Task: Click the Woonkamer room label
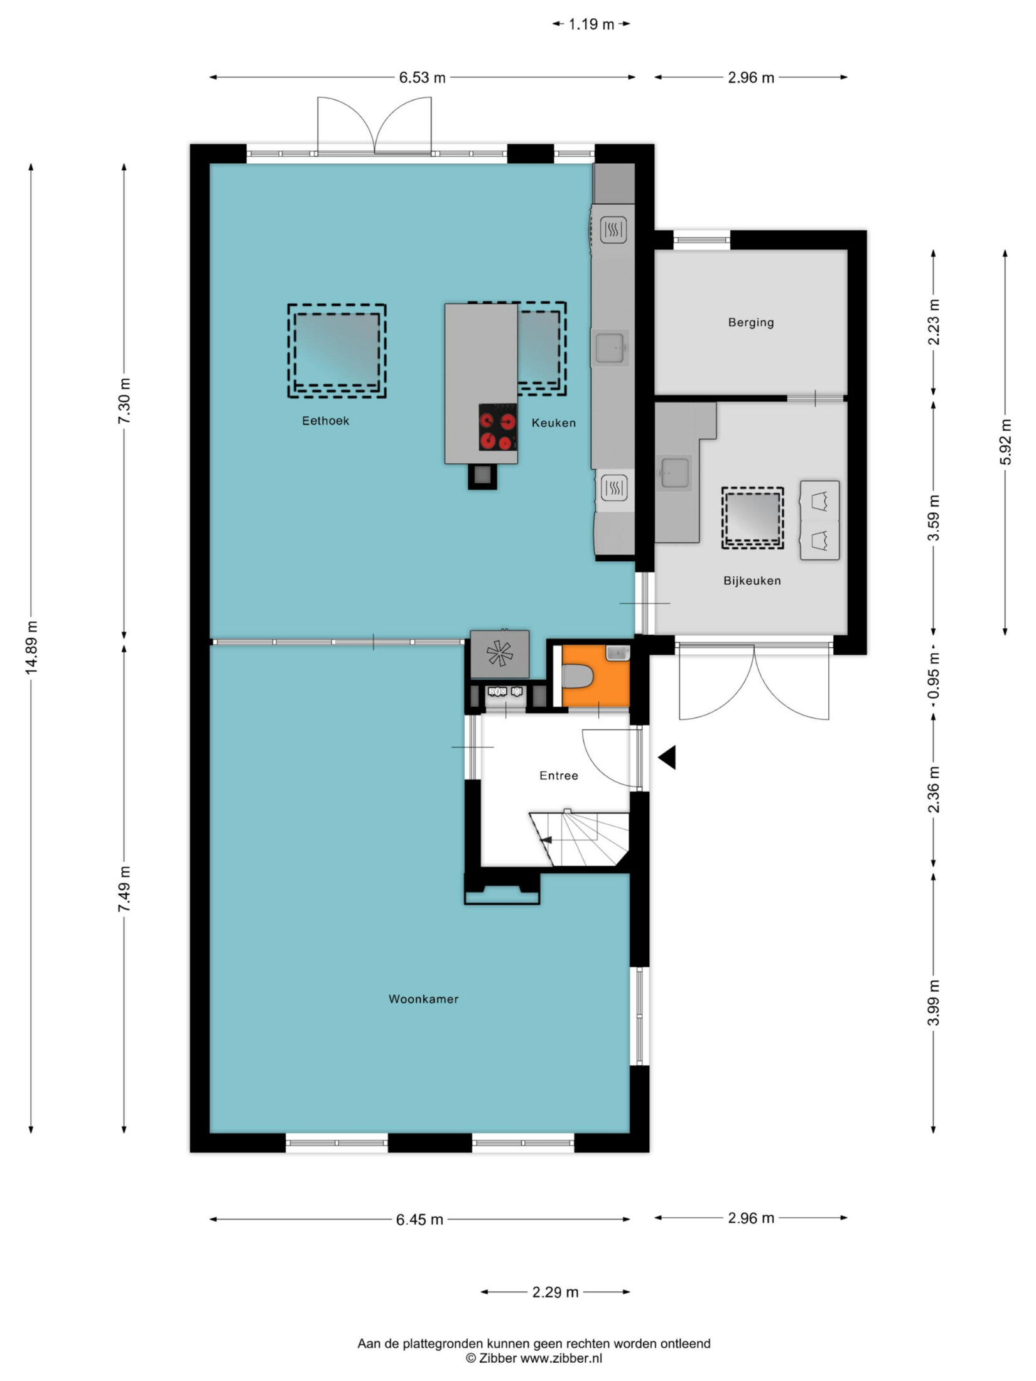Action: click(x=423, y=999)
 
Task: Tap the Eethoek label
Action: click(x=325, y=421)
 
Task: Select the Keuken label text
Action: click(x=553, y=422)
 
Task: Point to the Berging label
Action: click(x=751, y=323)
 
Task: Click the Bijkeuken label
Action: click(x=752, y=581)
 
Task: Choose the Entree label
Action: click(x=559, y=776)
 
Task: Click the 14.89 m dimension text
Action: click(x=32, y=647)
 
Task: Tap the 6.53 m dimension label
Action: click(x=423, y=77)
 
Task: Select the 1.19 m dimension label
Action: click(x=591, y=24)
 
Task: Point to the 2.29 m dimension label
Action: click(x=555, y=1292)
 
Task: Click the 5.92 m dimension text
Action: click(x=1005, y=441)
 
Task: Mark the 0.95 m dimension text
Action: click(x=934, y=675)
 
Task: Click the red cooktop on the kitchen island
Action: click(x=498, y=427)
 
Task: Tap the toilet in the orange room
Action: click(x=576, y=677)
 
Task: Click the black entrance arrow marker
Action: click(x=667, y=757)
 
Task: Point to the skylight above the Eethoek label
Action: click(x=337, y=352)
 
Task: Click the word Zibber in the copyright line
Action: click(x=498, y=1358)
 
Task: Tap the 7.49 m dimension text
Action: click(x=125, y=889)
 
